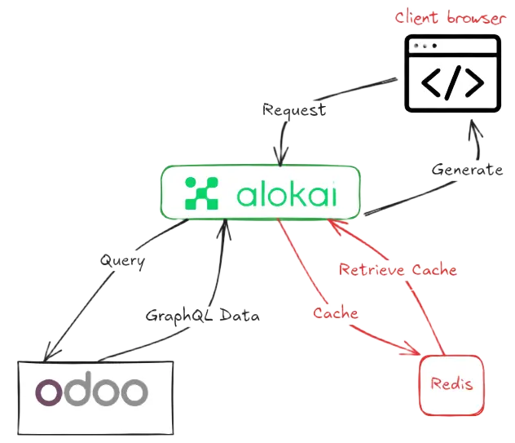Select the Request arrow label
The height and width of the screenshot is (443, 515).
(294, 109)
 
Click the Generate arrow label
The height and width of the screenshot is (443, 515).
(467, 171)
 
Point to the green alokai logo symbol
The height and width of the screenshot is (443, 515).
(203, 193)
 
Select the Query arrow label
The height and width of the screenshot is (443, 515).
(122, 261)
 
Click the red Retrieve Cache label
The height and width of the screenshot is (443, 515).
(398, 269)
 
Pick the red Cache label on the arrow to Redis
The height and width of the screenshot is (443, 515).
(336, 312)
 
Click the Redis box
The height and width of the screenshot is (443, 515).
(451, 384)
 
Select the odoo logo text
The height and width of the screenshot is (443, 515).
(91, 391)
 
